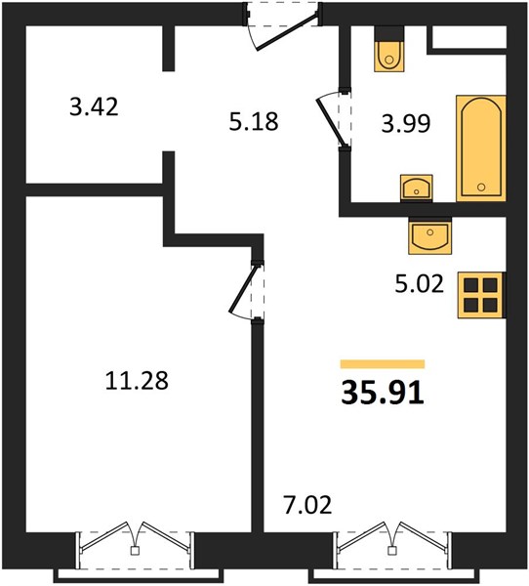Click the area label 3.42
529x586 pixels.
(94, 106)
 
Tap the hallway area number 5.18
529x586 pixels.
(254, 121)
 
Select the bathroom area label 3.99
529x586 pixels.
(406, 123)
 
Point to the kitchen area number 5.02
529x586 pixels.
(419, 283)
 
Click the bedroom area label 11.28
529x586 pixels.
(137, 381)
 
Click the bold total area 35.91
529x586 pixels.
(383, 393)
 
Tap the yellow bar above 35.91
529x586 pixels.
(383, 363)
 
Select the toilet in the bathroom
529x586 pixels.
(389, 49)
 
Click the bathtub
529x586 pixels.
(481, 148)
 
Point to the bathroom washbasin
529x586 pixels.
(416, 188)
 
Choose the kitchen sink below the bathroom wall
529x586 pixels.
(429, 235)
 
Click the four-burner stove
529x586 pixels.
(481, 295)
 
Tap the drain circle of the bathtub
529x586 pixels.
(481, 188)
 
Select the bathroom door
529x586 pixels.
(335, 119)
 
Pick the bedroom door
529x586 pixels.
(247, 291)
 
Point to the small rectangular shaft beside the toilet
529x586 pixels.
(469, 37)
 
